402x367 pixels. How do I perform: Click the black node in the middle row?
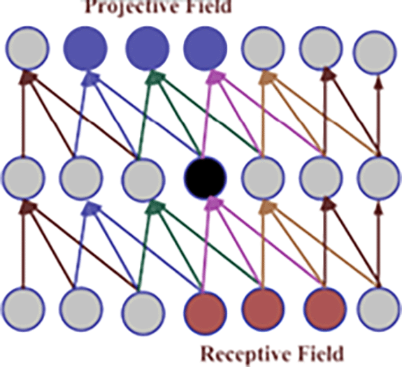pyautogui.click(x=206, y=177)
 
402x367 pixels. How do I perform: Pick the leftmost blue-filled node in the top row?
pyautogui.click(x=85, y=48)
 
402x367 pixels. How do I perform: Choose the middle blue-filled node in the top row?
pyautogui.click(x=147, y=48)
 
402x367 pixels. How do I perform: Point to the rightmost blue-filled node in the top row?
pyautogui.click(x=206, y=48)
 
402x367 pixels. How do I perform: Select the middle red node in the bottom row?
pyautogui.click(x=264, y=310)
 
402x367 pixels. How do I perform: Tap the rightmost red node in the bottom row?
pyautogui.click(x=324, y=310)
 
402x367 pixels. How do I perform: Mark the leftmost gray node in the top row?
pyautogui.click(x=27, y=48)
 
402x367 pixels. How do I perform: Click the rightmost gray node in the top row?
pyautogui.click(x=375, y=52)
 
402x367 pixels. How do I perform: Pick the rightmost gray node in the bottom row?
pyautogui.click(x=379, y=310)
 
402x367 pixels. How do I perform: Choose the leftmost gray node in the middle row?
pyautogui.click(x=23, y=177)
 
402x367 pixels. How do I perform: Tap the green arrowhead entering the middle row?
pyautogui.click(x=155, y=207)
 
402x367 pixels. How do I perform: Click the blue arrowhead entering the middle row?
pyautogui.click(x=90, y=208)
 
